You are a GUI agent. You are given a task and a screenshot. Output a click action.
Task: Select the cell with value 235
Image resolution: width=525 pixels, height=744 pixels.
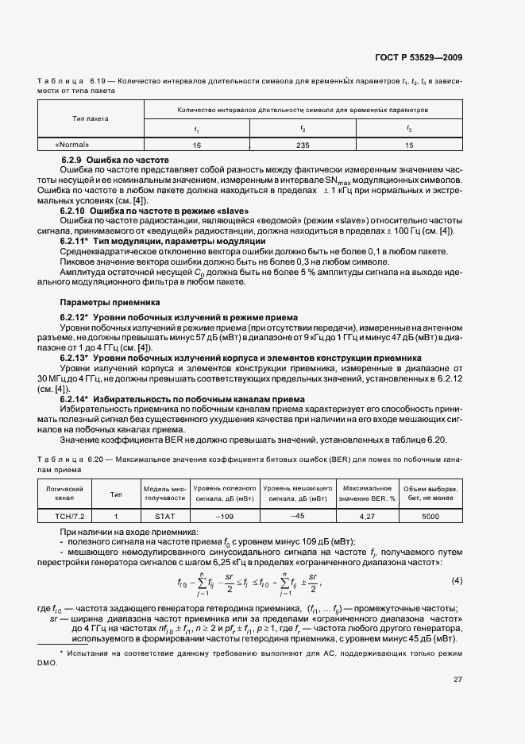[x=303, y=145]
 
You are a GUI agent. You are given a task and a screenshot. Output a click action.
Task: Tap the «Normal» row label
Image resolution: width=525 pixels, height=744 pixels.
[x=72, y=145]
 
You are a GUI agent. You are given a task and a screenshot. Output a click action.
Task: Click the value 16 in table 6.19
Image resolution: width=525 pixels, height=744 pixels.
[x=196, y=145]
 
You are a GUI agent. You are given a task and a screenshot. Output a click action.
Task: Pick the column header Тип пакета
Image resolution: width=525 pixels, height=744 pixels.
[x=90, y=118]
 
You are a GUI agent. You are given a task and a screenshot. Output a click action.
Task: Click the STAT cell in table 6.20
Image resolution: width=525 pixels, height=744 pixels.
[x=164, y=516]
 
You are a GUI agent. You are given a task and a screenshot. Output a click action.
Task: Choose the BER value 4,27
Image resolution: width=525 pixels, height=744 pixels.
[x=367, y=516]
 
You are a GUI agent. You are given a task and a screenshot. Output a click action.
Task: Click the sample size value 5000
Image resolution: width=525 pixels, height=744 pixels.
[x=430, y=516]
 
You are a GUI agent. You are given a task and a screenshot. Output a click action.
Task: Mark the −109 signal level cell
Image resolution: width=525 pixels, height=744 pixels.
[x=223, y=516]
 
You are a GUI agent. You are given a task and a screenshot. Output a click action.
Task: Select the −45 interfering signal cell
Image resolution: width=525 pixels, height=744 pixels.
[x=298, y=515]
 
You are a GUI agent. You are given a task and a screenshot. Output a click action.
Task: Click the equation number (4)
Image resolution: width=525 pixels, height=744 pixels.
[x=457, y=580]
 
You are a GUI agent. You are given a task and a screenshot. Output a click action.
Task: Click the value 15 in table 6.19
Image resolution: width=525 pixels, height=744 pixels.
[x=409, y=145]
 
